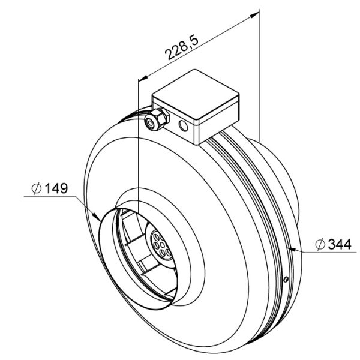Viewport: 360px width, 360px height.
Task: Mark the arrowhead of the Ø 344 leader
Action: click(x=291, y=248)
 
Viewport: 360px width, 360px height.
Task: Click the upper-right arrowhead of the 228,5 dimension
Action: click(x=257, y=14)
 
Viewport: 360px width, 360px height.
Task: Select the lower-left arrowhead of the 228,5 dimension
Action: click(x=142, y=79)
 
